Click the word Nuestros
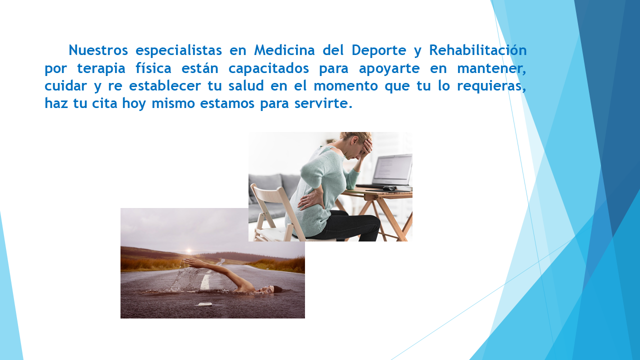click(x=98, y=50)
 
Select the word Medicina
click(x=284, y=50)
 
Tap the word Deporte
click(x=378, y=51)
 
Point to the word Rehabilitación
click(x=477, y=50)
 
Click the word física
click(x=153, y=67)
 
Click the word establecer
click(x=165, y=85)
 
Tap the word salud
click(x=246, y=85)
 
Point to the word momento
click(x=345, y=86)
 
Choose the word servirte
click(x=323, y=103)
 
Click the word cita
click(x=104, y=103)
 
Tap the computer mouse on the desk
click(x=389, y=188)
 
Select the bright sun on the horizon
click(x=188, y=251)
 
